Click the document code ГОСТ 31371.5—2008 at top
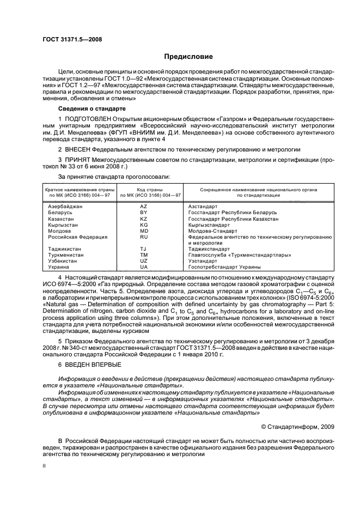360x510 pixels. (x=72, y=39)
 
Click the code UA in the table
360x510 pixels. (x=144, y=267)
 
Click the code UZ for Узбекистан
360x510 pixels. (x=144, y=261)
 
